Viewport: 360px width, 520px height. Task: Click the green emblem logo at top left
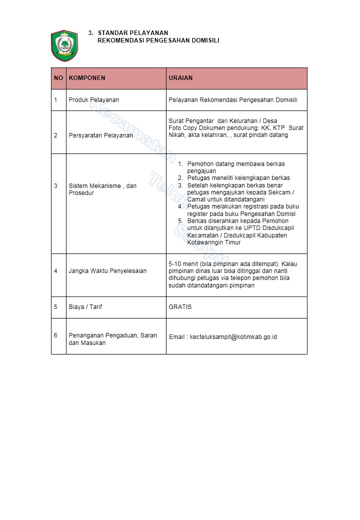[x=62, y=45]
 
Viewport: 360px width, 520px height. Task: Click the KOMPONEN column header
[x=87, y=78]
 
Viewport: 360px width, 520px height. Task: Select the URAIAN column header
[x=180, y=78]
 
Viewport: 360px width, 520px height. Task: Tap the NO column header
[x=58, y=78]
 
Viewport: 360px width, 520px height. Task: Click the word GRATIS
[x=180, y=306]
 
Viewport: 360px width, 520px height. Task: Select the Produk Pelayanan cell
[x=94, y=100]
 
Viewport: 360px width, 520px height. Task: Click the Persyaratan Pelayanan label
[x=100, y=135]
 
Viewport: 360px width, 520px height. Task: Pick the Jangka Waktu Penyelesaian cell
[x=107, y=271]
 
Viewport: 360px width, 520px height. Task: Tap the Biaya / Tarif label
[x=85, y=306]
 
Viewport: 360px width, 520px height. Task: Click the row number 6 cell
[x=56, y=335]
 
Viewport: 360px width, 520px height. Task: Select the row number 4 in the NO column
[x=56, y=271]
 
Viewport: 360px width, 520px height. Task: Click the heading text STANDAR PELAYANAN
[x=133, y=33]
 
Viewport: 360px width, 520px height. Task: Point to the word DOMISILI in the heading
[x=205, y=40]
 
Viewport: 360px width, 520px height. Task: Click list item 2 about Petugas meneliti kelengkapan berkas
[x=238, y=178]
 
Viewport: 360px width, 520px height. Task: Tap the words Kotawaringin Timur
[x=213, y=242]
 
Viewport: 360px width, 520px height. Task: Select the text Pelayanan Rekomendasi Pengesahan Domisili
[x=233, y=100]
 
